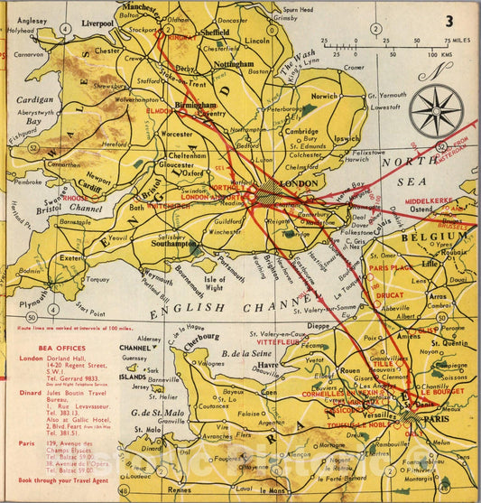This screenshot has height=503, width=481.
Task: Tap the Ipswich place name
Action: (x=346, y=140)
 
